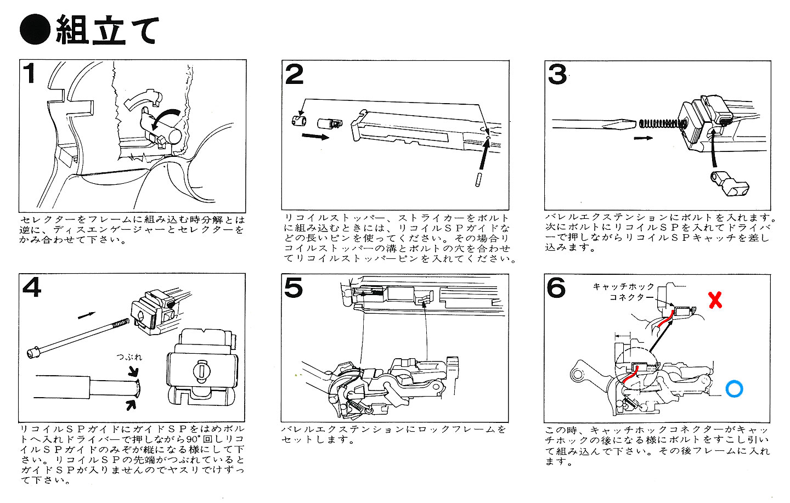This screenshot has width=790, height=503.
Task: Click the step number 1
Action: pos(30,74)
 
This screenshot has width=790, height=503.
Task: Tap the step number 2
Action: pos(294,75)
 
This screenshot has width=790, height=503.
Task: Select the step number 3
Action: pos(557,75)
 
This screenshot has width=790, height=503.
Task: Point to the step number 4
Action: pos(32,287)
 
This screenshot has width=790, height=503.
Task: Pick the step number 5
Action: pos(294,287)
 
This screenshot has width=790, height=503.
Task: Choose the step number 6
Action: pos(556,287)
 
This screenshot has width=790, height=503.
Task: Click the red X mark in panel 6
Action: pos(714,300)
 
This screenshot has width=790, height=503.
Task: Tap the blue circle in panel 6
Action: pos(733,389)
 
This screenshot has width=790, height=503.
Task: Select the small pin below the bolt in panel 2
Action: pos(478,180)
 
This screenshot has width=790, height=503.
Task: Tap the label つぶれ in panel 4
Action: pos(129,357)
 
